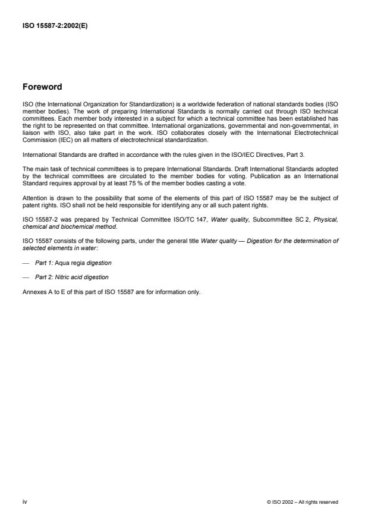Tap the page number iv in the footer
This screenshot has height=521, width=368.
point(24,501)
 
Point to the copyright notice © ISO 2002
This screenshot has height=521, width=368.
point(303,502)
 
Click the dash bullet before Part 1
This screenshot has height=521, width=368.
point(26,262)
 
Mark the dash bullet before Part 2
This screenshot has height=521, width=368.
point(26,277)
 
